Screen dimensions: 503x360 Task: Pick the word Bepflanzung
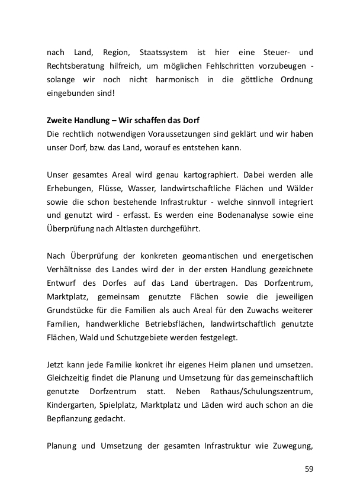71,420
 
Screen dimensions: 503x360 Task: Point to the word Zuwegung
291,447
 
